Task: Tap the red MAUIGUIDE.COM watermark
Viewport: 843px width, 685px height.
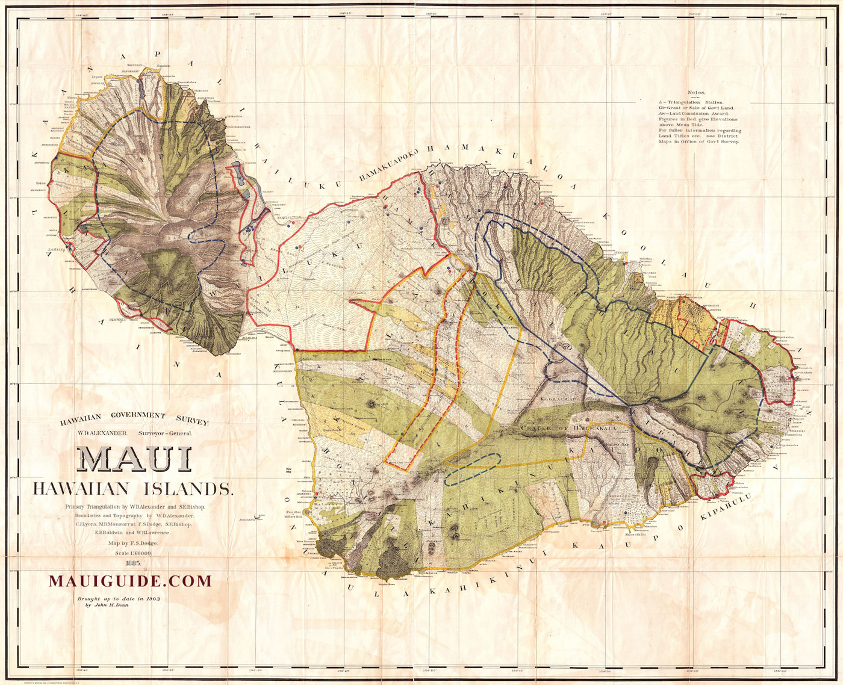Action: (x=130, y=581)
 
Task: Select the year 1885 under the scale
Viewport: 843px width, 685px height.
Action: (x=133, y=563)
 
